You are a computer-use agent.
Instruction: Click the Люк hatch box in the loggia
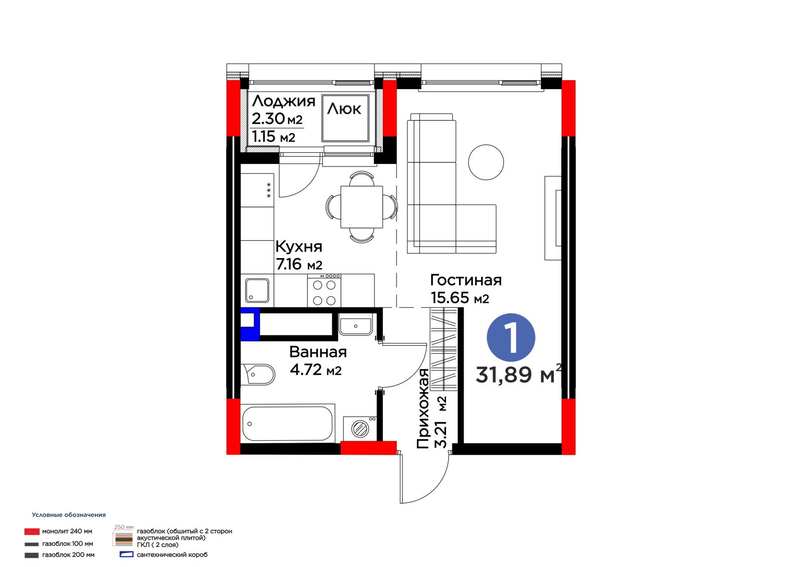pos(345,118)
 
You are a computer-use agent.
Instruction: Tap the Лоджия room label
pos(284,102)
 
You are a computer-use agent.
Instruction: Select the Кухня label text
pos(299,247)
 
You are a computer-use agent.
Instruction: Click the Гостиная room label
pos(466,280)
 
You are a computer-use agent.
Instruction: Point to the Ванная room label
pos(318,352)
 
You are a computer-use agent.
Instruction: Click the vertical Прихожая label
pos(423,409)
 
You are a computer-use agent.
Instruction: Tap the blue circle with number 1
pos(511,338)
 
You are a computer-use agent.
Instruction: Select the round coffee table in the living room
pos(486,162)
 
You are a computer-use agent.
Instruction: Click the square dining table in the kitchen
pos(361,207)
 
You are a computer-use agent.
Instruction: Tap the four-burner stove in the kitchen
pos(324,290)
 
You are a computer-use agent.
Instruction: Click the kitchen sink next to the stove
pos(257,290)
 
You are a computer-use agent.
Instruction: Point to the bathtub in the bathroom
pos(288,424)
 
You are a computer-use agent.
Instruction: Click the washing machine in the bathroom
pos(360,428)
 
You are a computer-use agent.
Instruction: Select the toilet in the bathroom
pos(258,374)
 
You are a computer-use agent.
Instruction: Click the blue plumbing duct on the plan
pos(250,324)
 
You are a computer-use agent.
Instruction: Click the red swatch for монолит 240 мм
pos(32,531)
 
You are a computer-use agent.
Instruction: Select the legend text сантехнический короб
pos(172,555)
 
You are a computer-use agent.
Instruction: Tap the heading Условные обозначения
pos(69,515)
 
